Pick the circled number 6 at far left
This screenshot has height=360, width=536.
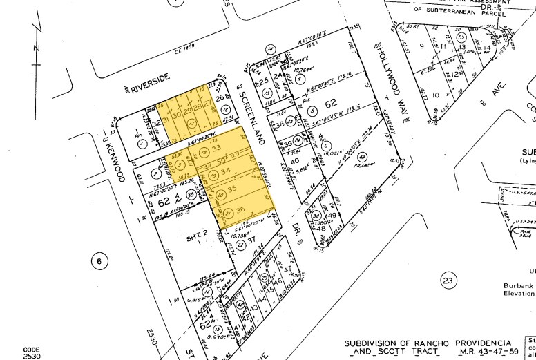click(99, 260)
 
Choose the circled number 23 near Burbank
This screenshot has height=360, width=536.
click(448, 280)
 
